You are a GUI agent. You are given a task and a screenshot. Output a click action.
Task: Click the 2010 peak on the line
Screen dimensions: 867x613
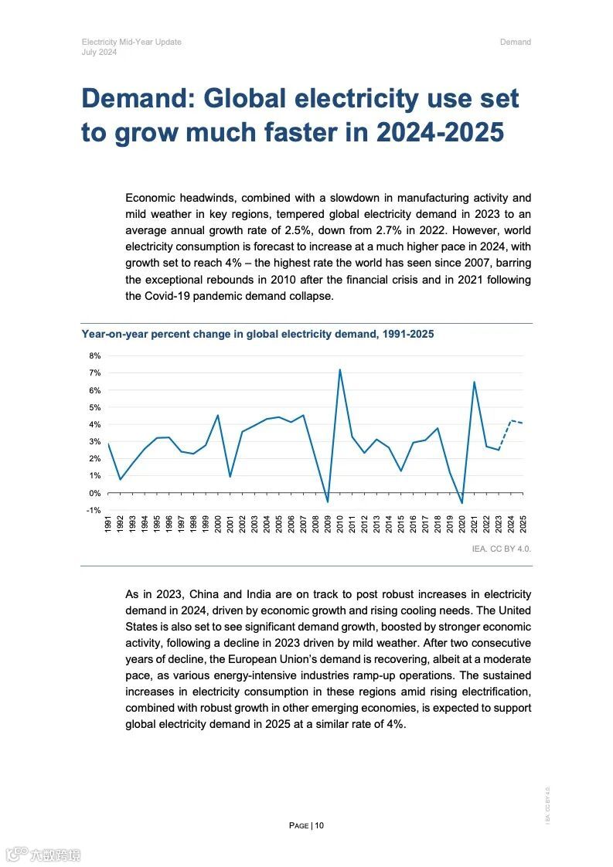point(339,369)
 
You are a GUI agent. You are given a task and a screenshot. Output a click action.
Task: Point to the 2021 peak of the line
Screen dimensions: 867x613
point(474,382)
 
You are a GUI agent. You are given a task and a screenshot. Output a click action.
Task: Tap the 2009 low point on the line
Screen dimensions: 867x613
point(328,502)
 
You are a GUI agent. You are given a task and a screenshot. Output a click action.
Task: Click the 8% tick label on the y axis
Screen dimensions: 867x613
point(95,356)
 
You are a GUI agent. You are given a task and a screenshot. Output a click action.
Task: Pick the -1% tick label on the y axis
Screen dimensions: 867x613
point(94,511)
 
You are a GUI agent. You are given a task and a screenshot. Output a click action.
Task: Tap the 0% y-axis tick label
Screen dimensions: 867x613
point(95,493)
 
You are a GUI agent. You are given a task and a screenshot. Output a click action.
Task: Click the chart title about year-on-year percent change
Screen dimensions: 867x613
point(257,334)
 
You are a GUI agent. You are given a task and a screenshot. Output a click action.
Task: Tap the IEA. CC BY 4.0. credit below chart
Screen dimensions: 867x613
point(502,549)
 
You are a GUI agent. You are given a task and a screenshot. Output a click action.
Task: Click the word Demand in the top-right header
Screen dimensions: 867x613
point(515,42)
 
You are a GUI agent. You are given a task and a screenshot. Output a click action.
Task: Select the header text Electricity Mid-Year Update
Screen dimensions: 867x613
point(131,42)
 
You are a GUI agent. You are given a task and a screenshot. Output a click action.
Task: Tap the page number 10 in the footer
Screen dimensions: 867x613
point(319,825)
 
